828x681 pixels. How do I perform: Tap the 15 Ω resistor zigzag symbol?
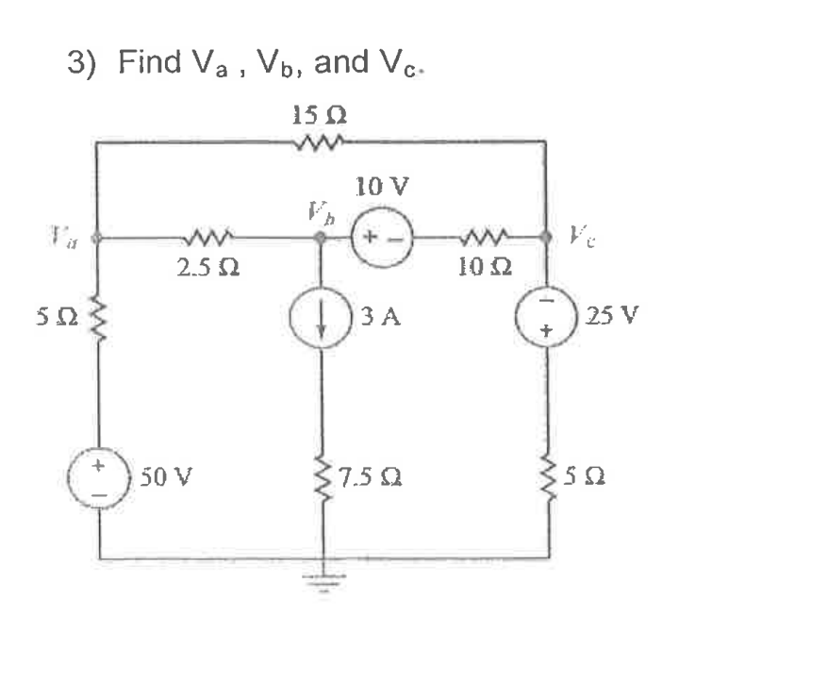(x=321, y=143)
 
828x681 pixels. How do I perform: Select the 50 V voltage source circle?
(x=100, y=478)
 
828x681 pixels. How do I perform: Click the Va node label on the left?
(x=67, y=236)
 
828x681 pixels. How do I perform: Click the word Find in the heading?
(x=149, y=62)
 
